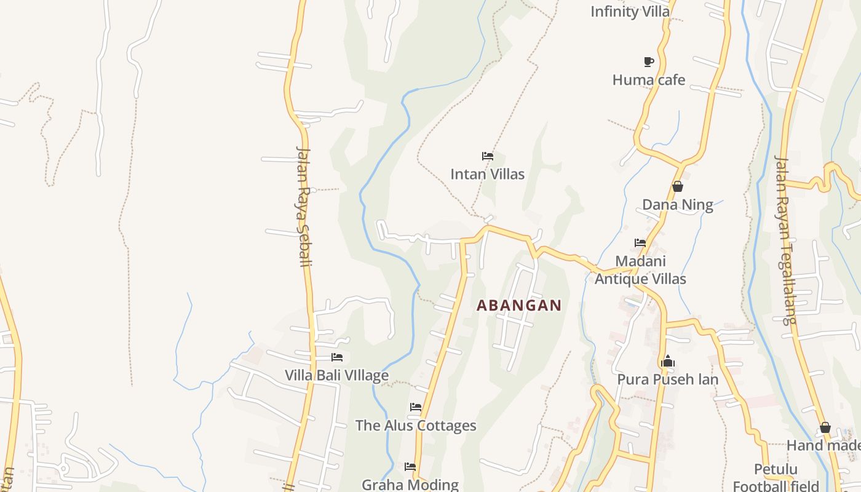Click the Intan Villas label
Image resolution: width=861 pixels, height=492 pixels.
coord(487,174)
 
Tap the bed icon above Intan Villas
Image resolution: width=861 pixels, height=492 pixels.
coord(488,156)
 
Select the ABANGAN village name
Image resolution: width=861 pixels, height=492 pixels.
coord(519,305)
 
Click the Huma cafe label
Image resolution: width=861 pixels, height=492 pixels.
coord(648,80)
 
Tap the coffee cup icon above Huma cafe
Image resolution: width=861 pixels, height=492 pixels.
coord(648,61)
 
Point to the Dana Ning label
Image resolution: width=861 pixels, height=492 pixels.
coord(677,205)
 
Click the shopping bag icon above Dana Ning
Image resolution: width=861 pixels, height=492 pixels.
coord(678,186)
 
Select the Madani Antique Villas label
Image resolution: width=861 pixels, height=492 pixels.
coord(640,270)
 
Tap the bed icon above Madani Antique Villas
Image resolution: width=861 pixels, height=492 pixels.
coord(640,243)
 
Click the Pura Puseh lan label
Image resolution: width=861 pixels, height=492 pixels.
coord(667,379)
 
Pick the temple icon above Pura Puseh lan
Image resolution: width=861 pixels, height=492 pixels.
coord(668,362)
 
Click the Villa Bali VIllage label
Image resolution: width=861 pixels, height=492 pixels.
coord(336,375)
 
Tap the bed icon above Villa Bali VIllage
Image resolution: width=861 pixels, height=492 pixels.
coord(337,357)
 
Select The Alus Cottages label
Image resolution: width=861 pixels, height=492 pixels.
coord(416,426)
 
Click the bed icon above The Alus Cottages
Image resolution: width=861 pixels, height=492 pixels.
coord(416,407)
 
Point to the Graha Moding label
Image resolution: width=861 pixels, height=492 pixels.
coord(410,485)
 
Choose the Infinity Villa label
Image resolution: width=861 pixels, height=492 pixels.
coord(630,12)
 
